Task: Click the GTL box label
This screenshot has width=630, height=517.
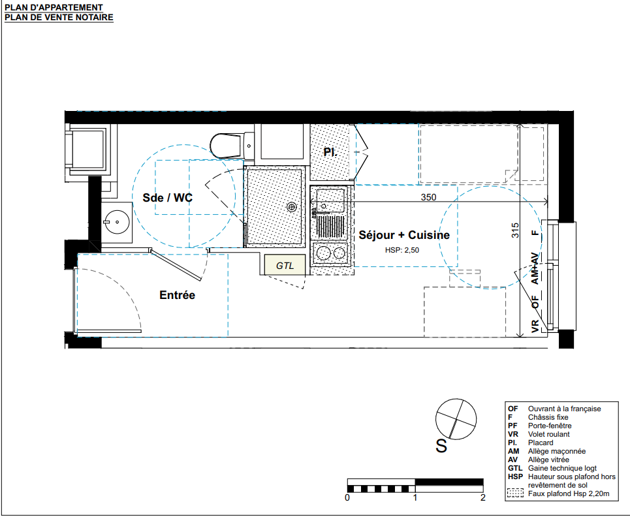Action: pos(285,266)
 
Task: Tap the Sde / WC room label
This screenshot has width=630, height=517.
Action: pos(168,198)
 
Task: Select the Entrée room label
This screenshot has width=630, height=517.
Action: pos(177,295)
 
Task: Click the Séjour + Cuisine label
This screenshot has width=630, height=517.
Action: pos(404,235)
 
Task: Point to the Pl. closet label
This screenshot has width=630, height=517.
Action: pos(330,152)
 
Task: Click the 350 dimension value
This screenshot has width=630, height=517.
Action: pos(428,197)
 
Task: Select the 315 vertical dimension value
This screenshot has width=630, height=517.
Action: pos(515,230)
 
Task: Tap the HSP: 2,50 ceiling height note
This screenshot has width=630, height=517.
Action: pos(402,250)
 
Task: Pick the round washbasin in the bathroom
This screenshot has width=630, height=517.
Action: pos(116,222)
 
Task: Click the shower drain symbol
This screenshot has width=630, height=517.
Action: pos(291,207)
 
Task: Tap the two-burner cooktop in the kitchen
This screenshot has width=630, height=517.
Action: pos(330,253)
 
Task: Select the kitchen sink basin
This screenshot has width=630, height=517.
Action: pos(330,200)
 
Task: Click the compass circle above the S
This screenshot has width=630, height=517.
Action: pos(456,419)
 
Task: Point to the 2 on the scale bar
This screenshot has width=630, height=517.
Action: pos(482,497)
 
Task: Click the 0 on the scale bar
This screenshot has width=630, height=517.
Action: pos(347,497)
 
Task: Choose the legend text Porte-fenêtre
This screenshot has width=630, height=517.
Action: pos(550,426)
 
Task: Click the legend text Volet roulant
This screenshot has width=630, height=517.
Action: pos(549,434)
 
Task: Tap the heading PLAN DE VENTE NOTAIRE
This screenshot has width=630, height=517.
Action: pos(59,18)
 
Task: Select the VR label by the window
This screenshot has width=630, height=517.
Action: pos(535,326)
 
